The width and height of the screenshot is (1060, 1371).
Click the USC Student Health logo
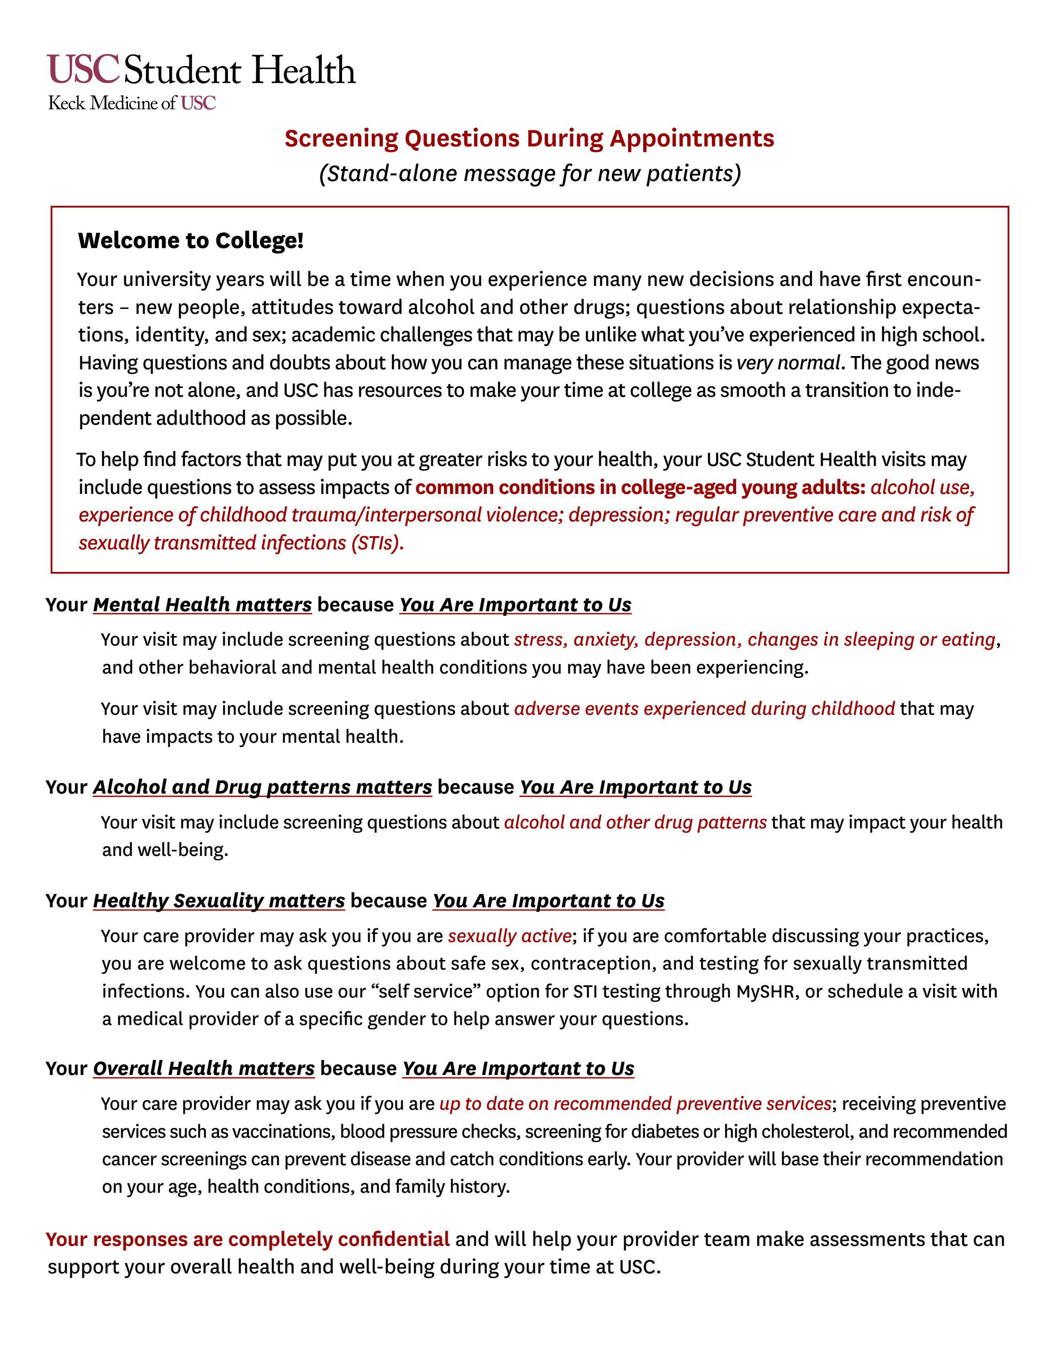click(201, 70)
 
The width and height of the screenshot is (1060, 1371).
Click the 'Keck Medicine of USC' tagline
click(132, 104)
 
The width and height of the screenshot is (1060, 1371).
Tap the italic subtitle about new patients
click(530, 173)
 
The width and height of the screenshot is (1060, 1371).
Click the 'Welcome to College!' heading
click(190, 241)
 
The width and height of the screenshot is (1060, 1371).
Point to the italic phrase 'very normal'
click(788, 363)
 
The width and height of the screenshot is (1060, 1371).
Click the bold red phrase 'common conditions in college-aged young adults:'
click(640, 487)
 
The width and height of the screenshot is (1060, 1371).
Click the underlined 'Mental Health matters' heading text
click(202, 604)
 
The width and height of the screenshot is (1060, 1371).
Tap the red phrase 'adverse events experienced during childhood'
click(704, 709)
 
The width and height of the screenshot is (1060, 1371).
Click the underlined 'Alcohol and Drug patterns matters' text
click(263, 787)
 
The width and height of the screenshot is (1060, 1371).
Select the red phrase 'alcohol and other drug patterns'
click(635, 823)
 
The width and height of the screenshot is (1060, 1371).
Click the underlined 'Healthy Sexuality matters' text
click(219, 901)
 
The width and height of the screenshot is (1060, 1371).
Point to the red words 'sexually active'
click(508, 936)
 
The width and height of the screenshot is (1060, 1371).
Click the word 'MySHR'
click(765, 991)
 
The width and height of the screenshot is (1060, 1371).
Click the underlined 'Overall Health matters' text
click(204, 1069)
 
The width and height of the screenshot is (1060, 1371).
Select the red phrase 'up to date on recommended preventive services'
click(635, 1103)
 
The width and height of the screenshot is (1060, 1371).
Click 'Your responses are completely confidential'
click(248, 1239)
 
